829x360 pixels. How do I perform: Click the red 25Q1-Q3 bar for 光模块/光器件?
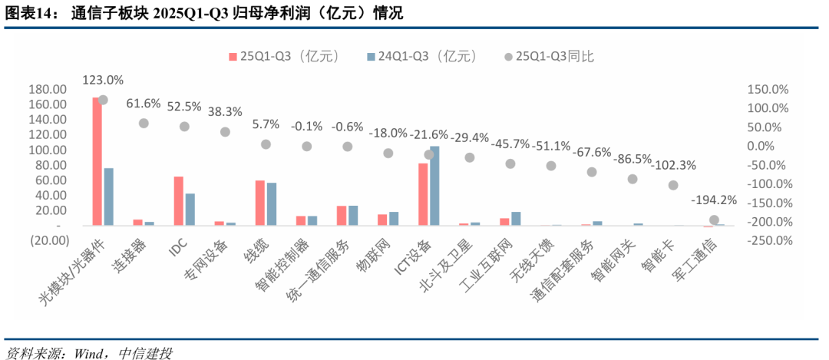point(97,162)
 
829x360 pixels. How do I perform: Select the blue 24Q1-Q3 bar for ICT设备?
point(434,186)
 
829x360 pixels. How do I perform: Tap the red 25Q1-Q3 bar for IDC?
point(178,201)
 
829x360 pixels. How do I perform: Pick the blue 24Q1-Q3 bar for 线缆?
point(272,204)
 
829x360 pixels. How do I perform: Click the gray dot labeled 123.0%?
point(103,100)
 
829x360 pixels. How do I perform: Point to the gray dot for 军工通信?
point(714,220)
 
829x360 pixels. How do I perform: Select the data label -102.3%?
point(673,165)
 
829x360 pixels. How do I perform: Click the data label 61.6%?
point(144,103)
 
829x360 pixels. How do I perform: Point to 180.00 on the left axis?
point(47,90)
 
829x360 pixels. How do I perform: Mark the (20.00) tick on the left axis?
point(47,240)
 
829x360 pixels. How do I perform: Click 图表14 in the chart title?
point(24,13)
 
